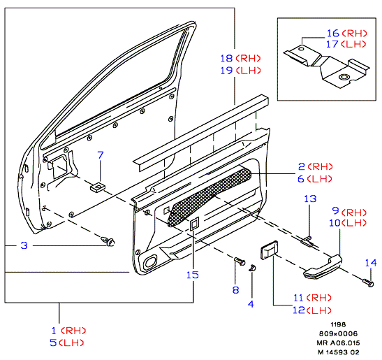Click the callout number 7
click(x=101, y=155)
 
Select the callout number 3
click(x=24, y=245)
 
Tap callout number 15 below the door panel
click(x=193, y=275)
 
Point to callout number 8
click(x=235, y=290)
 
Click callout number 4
click(x=251, y=304)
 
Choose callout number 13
click(x=310, y=199)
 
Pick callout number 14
click(x=371, y=263)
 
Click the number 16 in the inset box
click(x=333, y=33)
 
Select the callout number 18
click(x=226, y=58)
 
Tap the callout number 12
click(x=299, y=310)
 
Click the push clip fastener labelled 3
click(x=108, y=240)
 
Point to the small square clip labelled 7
click(x=97, y=187)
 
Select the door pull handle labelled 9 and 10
click(x=323, y=267)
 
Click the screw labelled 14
click(x=368, y=282)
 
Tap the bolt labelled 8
click(x=240, y=261)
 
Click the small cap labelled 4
click(x=252, y=268)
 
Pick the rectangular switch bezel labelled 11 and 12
click(x=270, y=250)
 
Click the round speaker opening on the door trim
click(x=150, y=262)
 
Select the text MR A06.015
click(x=338, y=343)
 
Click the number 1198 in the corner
click(x=338, y=324)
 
